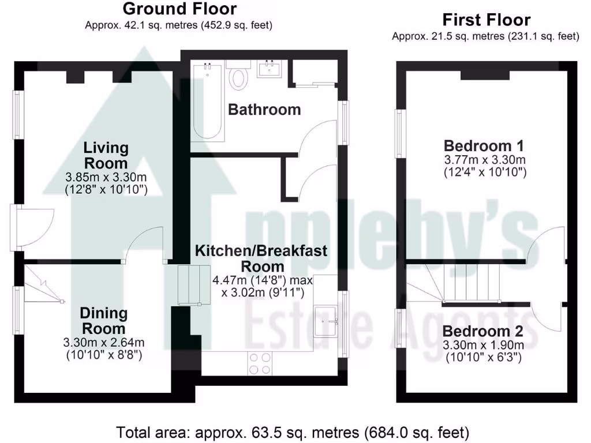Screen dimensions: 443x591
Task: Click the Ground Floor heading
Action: (x=179, y=9)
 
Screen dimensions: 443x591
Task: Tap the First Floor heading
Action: (x=486, y=20)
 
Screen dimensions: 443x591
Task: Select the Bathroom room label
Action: (x=264, y=110)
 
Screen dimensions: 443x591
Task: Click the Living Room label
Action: (x=106, y=155)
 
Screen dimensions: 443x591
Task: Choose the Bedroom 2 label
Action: (x=483, y=332)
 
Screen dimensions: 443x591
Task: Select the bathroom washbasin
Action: (x=270, y=70)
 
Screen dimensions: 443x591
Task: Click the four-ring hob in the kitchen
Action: (x=260, y=362)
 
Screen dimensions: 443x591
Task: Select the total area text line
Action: (x=293, y=432)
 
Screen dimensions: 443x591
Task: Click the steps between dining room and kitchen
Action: (x=192, y=284)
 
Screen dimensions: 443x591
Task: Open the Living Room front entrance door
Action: (x=26, y=227)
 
